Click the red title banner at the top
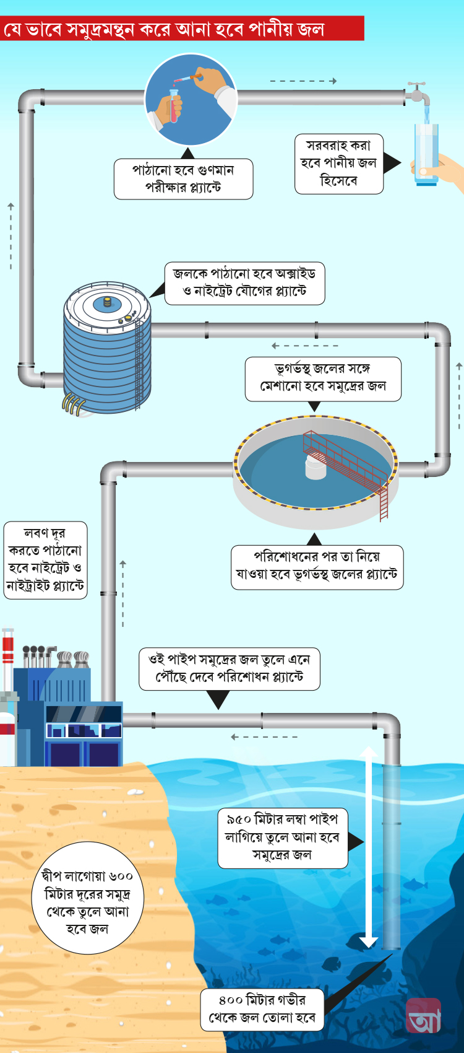[182, 29]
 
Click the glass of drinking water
[426, 154]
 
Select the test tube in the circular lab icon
[174, 105]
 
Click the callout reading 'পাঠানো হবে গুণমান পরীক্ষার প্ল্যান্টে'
[183, 179]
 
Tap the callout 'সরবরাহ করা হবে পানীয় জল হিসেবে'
[338, 164]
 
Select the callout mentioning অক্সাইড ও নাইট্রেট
[244, 283]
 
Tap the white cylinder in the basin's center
[316, 467]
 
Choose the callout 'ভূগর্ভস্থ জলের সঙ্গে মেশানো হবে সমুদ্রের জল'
[322, 378]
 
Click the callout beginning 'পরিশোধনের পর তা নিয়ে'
[317, 566]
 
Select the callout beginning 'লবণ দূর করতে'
[45, 560]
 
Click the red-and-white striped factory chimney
[7, 653]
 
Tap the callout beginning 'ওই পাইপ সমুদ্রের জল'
[229, 668]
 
